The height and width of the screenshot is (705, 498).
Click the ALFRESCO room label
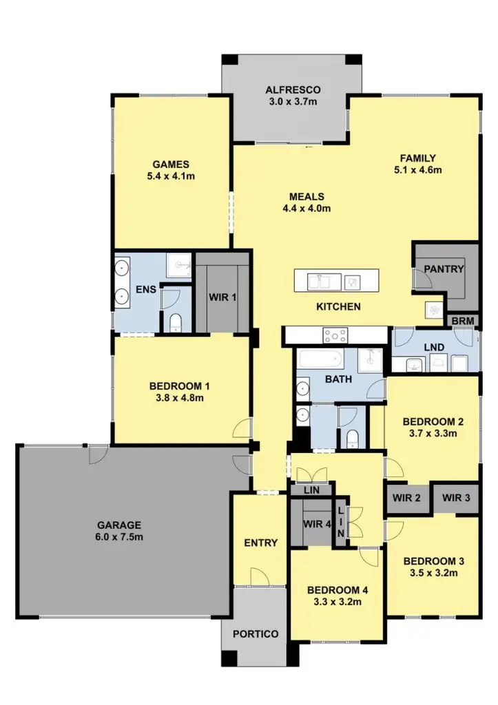(x=293, y=90)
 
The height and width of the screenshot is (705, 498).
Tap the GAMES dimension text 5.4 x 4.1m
(x=171, y=176)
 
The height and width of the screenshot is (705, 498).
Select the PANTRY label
(x=444, y=269)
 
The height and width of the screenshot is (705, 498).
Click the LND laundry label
(x=433, y=348)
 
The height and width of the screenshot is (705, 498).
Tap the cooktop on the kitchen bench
(x=336, y=336)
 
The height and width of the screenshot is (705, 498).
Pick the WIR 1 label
(x=222, y=297)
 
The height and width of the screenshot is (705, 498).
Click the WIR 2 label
(x=406, y=498)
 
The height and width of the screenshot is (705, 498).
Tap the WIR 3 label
(x=455, y=498)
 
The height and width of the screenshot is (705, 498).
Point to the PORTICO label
(x=256, y=634)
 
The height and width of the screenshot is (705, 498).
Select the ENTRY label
(x=261, y=543)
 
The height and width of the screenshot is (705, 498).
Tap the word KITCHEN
(x=338, y=306)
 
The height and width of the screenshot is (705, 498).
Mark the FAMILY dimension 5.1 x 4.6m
(x=418, y=169)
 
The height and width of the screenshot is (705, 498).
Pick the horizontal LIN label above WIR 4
(x=312, y=490)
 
